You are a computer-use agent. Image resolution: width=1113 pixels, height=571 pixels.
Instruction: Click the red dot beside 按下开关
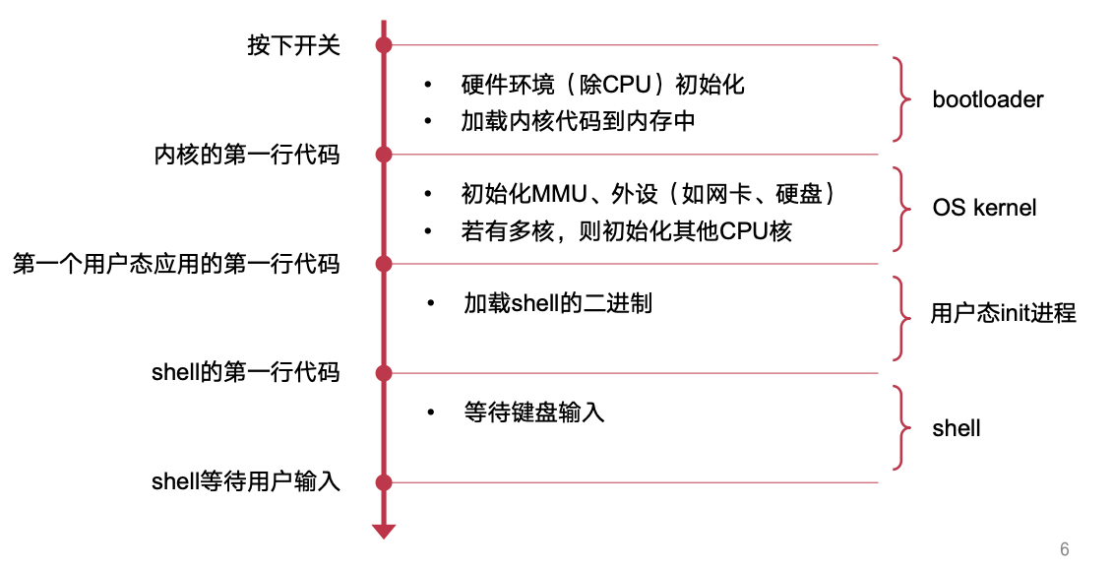tap(384, 45)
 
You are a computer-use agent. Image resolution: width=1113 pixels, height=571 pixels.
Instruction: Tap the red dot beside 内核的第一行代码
tap(384, 155)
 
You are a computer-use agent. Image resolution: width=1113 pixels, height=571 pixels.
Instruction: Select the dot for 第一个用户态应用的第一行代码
tap(384, 264)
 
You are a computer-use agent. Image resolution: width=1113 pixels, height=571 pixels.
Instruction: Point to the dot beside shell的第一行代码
tap(384, 373)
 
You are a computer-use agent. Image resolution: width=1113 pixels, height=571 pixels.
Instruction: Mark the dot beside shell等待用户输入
tap(384, 482)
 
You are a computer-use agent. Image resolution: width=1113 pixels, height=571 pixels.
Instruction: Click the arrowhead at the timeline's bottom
tap(384, 532)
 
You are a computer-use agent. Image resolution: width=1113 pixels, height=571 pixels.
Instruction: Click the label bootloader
tap(987, 99)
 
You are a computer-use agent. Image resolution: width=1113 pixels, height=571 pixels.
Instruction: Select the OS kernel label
tap(984, 209)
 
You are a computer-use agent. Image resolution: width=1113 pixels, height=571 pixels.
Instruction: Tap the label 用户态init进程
tap(1003, 314)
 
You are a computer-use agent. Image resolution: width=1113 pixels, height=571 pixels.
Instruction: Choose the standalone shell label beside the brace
tap(957, 428)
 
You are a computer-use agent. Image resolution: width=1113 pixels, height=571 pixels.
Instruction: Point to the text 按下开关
tap(293, 46)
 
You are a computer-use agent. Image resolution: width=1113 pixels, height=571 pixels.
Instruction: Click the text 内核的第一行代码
tap(247, 156)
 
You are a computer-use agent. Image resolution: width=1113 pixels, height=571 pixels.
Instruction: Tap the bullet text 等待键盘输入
tap(533, 412)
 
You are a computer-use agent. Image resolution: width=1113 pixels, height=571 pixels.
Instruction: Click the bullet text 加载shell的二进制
tap(557, 303)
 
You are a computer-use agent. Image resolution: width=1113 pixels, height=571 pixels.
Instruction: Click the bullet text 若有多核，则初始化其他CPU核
tap(627, 231)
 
